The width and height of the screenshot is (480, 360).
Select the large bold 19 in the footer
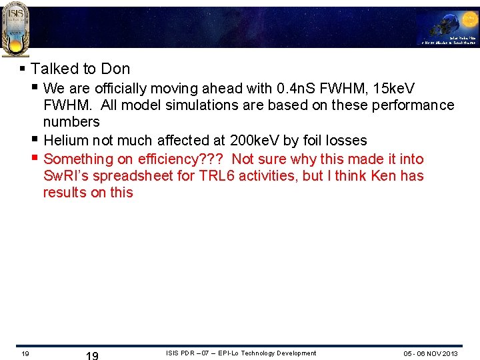coord(93,355)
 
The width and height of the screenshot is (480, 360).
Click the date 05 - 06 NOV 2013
coord(431,353)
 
